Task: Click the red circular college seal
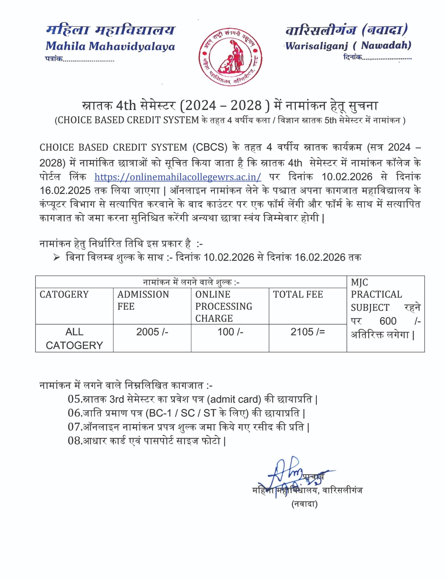230,57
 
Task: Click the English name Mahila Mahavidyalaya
110,46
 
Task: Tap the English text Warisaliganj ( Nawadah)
348,46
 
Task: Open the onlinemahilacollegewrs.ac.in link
178,177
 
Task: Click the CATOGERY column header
64,295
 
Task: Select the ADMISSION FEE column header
143,300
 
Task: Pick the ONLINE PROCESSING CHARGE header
223,306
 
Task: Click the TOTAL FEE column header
298,295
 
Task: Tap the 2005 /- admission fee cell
152,332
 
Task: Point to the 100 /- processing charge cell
230,332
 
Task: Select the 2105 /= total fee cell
308,332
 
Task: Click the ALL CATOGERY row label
74,338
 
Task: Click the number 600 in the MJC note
388,321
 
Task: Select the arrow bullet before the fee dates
56,257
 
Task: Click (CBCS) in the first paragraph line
210,148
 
